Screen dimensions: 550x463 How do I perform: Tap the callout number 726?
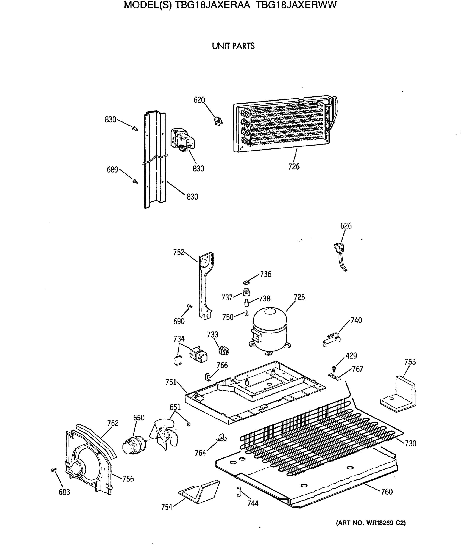(294, 166)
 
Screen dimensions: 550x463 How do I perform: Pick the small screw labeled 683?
(53, 470)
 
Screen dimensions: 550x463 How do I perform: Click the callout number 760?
(387, 492)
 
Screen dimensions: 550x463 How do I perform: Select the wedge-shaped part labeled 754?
(199, 492)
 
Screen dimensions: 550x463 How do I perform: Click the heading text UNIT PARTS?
(233, 46)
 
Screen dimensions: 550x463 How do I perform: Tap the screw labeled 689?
(135, 181)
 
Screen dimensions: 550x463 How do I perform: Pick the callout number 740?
(356, 320)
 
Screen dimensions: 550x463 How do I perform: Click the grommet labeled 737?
(246, 291)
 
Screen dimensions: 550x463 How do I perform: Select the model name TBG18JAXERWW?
(296, 5)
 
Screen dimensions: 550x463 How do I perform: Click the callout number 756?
(128, 479)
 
